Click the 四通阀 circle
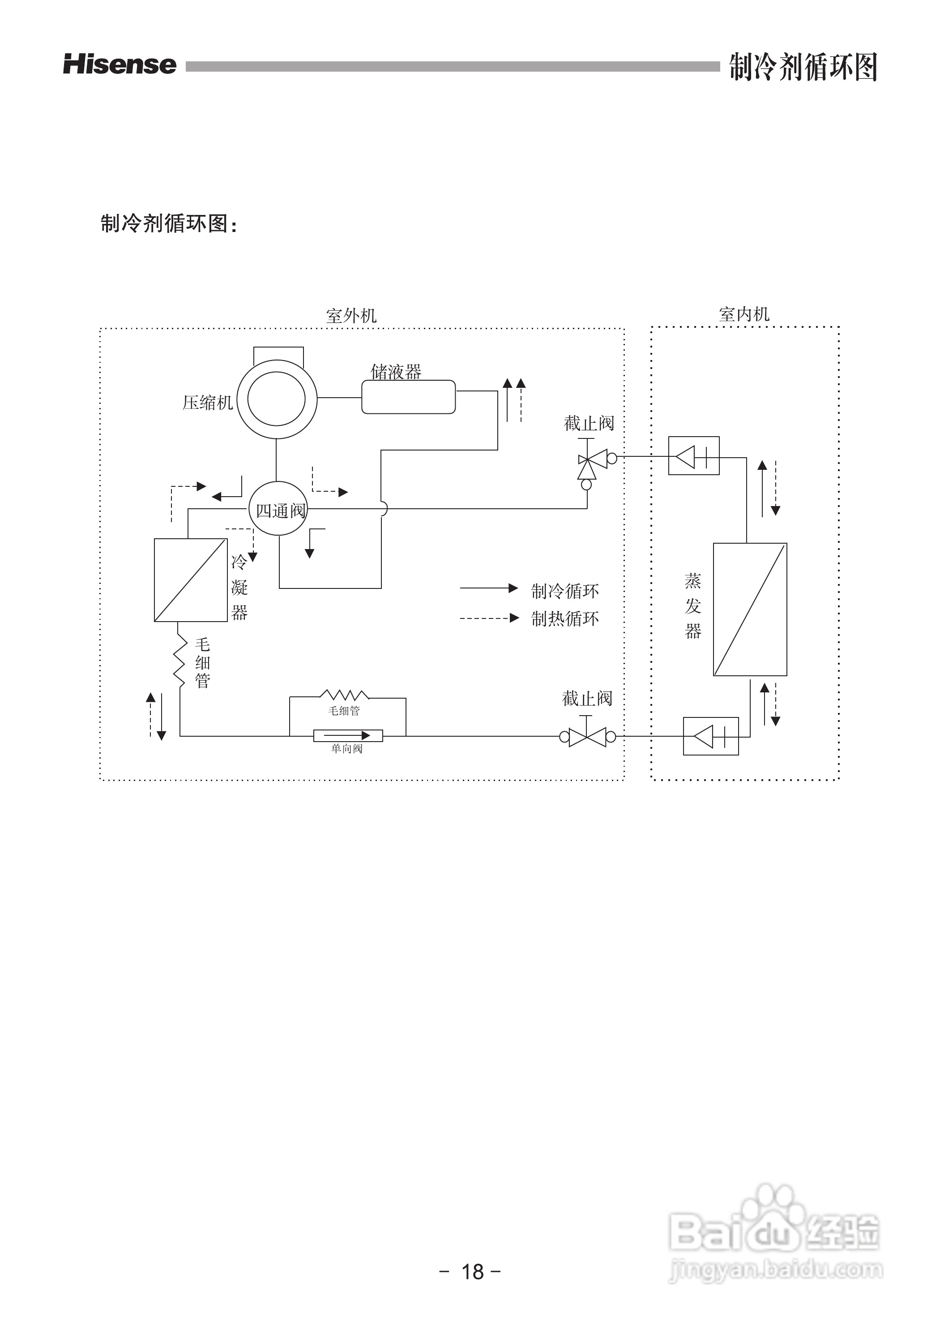[x=278, y=510]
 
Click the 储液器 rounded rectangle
[x=408, y=397]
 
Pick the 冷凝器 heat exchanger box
[x=190, y=579]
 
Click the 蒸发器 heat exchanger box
[x=750, y=609]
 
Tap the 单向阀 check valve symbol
[x=348, y=735]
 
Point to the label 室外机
[x=351, y=316]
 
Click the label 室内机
[x=744, y=314]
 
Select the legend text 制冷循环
[x=565, y=591]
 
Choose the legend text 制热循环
[x=565, y=619]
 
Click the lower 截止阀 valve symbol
[x=587, y=737]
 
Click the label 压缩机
[x=207, y=403]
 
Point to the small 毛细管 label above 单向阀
[x=344, y=711]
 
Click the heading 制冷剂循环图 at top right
[x=803, y=67]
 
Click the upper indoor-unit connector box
[x=693, y=456]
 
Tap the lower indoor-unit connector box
[x=711, y=736]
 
